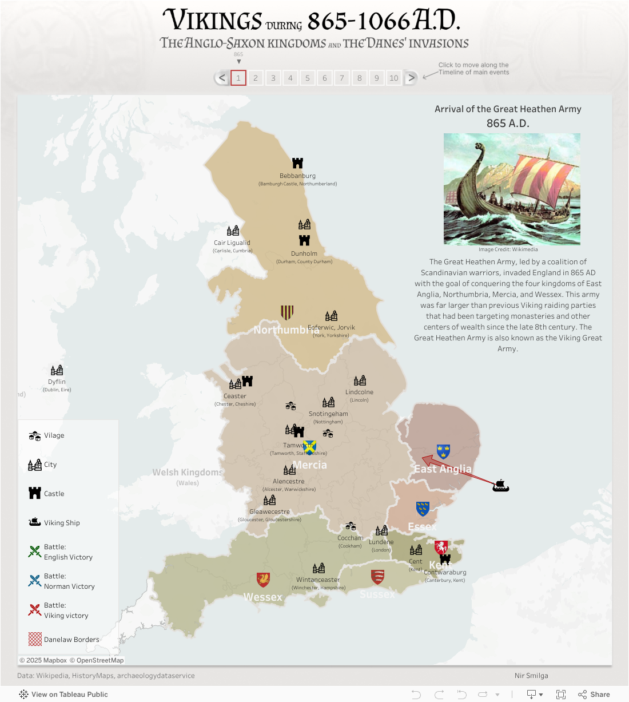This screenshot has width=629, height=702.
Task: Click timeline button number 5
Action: (x=308, y=78)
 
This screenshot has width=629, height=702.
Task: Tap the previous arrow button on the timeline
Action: (x=222, y=78)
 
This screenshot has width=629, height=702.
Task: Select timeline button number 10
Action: (x=394, y=78)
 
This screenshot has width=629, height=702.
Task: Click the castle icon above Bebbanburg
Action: (x=297, y=163)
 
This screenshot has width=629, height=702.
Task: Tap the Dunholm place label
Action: (x=304, y=253)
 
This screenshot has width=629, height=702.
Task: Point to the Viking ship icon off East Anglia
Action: (x=500, y=486)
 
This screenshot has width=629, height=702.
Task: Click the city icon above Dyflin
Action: (x=57, y=370)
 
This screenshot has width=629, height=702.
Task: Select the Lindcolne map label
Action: (x=359, y=392)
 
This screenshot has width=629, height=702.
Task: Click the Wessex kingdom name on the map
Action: (x=262, y=597)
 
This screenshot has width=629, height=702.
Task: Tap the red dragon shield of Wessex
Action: (x=263, y=579)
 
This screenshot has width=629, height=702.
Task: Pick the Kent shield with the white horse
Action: (x=441, y=548)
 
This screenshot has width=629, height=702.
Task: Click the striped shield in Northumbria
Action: (x=287, y=312)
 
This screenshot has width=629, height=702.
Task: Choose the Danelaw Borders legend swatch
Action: (x=35, y=639)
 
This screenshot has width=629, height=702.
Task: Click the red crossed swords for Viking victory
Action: (x=35, y=610)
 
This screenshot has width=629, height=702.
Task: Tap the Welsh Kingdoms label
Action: (x=187, y=472)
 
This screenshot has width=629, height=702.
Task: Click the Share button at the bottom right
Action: (x=594, y=694)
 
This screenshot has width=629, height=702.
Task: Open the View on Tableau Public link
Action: (x=63, y=694)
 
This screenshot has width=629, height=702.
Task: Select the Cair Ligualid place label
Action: (x=232, y=243)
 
